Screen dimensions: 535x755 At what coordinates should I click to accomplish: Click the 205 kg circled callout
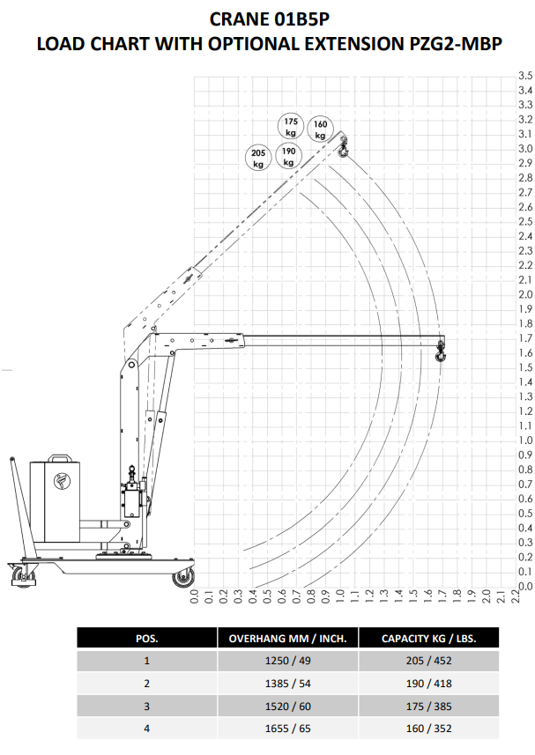[258, 158]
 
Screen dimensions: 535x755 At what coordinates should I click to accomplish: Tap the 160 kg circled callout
[320, 129]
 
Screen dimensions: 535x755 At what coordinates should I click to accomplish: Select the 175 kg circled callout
[291, 127]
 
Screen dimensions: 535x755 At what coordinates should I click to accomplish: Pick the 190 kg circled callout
[288, 157]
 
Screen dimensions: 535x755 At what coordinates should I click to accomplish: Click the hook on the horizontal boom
[440, 352]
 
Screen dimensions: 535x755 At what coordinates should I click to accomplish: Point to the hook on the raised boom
[342, 147]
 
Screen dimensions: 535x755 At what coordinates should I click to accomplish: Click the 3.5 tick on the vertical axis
[525, 76]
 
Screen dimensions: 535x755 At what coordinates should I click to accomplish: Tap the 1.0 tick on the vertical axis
[525, 440]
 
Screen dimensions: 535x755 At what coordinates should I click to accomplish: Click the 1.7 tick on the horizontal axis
[442, 596]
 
